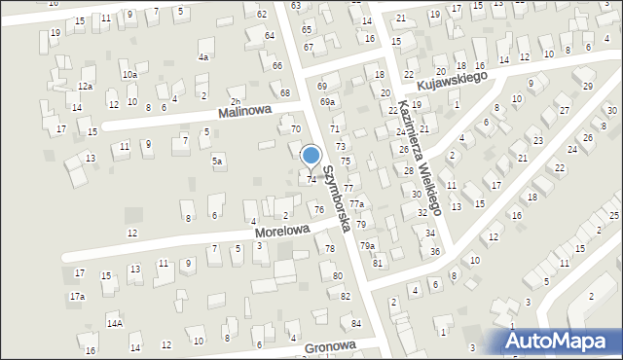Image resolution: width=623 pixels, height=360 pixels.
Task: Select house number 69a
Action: coord(328,101)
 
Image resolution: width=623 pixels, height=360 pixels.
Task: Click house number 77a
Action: coord(357,204)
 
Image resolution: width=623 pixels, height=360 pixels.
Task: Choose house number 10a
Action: coord(129,75)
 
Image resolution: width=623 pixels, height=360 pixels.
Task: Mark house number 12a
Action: coord(85,88)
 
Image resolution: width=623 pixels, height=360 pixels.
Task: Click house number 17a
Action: coord(77,296)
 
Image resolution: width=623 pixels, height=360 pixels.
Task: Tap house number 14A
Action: coord(115,322)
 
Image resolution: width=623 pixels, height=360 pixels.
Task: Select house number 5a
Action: coord(218,161)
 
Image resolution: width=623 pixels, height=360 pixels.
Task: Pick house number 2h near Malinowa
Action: coord(234,102)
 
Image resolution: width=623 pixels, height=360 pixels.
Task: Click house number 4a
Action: coord(203,57)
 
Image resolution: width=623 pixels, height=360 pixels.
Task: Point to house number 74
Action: coord(311,180)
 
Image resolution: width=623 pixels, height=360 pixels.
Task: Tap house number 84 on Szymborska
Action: coord(357,323)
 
